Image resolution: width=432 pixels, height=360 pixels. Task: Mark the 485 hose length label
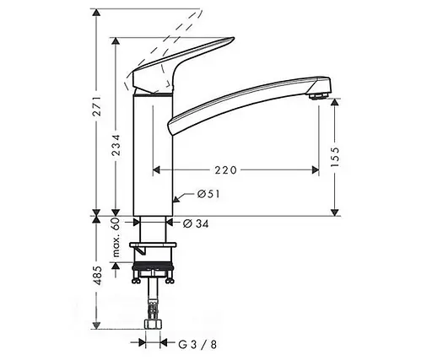[x=98, y=274]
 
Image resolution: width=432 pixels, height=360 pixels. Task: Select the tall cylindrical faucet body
[x=154, y=156]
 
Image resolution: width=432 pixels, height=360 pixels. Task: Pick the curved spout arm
[x=245, y=101]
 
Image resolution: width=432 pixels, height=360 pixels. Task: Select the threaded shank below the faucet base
[x=154, y=229]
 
